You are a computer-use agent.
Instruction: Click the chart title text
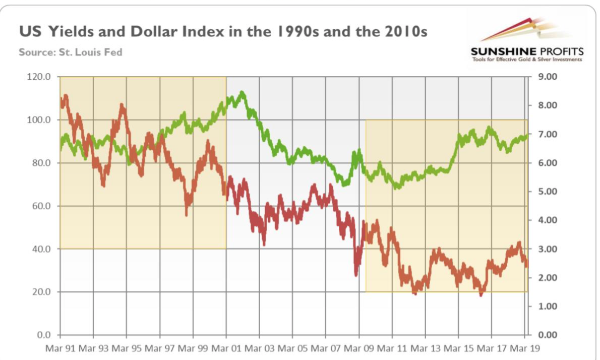[x=223, y=33]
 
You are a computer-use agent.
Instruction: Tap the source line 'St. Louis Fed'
[x=70, y=52]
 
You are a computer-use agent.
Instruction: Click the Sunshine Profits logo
[x=526, y=40]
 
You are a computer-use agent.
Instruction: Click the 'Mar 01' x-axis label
[x=226, y=348]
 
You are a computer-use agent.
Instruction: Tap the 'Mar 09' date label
[x=359, y=348]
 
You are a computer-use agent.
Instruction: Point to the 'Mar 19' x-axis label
[x=525, y=348]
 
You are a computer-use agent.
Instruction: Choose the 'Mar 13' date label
[x=426, y=348]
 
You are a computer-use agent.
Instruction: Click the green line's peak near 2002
[x=243, y=92]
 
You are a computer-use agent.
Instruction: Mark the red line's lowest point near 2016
[x=481, y=295]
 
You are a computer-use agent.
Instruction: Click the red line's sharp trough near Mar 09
[x=356, y=274]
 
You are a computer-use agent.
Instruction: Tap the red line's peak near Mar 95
[x=122, y=105]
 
